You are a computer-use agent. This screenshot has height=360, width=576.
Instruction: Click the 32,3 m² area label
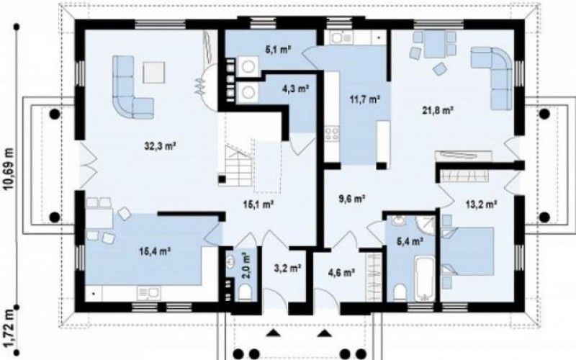click(x=159, y=146)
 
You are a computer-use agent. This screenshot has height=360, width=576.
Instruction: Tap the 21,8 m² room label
click(x=437, y=109)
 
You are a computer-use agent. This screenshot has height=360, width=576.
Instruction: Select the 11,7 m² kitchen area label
click(x=364, y=99)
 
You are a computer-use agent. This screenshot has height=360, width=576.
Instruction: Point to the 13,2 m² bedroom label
click(x=482, y=204)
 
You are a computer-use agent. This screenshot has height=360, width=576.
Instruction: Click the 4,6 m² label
click(x=341, y=272)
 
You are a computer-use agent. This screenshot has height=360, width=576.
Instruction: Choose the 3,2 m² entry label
click(x=287, y=268)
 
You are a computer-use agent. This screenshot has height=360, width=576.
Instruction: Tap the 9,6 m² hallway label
click(x=351, y=199)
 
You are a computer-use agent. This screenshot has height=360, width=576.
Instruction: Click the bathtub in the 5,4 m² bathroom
click(x=425, y=278)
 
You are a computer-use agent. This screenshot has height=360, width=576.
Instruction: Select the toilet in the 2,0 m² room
click(x=244, y=292)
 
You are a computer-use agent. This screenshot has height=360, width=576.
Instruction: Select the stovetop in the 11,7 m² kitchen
click(x=332, y=134)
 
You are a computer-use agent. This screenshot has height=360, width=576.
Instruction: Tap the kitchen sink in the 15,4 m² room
click(x=149, y=294)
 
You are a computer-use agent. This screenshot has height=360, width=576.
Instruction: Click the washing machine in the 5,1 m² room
click(x=248, y=66)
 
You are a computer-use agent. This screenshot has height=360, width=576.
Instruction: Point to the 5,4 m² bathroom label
click(x=410, y=241)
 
